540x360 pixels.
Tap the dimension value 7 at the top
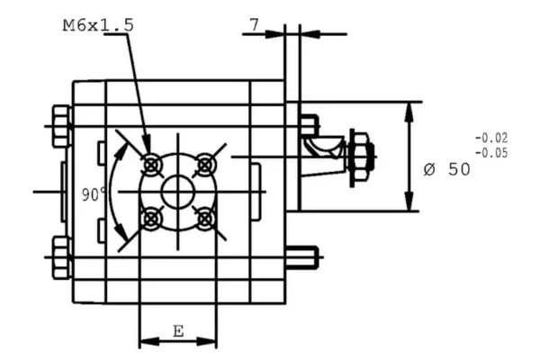[255, 26]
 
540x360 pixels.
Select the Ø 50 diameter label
[446, 169]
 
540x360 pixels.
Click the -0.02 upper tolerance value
[490, 138]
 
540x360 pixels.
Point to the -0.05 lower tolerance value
[490, 152]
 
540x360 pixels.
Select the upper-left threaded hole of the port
[151, 164]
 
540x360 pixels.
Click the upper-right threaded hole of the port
[205, 164]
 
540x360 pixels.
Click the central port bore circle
[177, 191]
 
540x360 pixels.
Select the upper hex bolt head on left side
[61, 126]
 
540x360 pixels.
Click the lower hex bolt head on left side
[61, 256]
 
